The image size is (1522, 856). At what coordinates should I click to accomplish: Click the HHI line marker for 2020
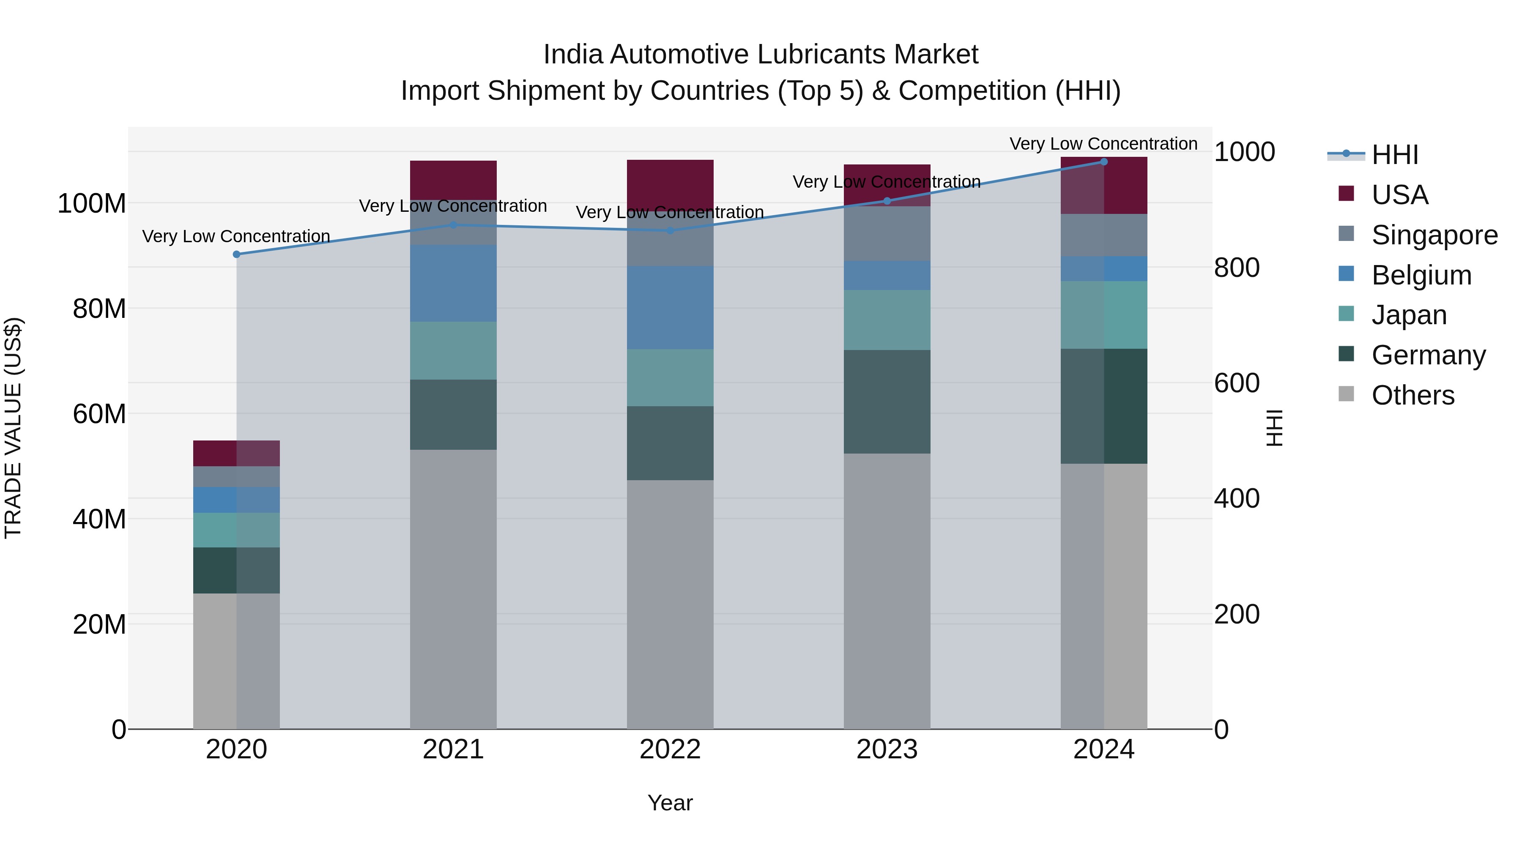(x=236, y=254)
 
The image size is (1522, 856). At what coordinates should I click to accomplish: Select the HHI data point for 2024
(x=1104, y=162)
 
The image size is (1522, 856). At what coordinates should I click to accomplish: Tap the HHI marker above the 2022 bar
(x=670, y=230)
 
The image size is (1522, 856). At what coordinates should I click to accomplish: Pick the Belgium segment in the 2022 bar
(x=670, y=307)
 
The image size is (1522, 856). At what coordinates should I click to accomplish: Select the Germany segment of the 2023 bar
(x=887, y=402)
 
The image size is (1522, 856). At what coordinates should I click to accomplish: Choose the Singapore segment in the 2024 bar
(x=1104, y=235)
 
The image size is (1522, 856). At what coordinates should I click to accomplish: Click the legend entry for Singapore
(x=1434, y=235)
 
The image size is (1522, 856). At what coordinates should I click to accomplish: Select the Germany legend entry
(x=1428, y=355)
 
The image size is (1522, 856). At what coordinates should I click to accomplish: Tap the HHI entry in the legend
(x=1394, y=155)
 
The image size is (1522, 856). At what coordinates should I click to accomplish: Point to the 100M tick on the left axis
(x=92, y=204)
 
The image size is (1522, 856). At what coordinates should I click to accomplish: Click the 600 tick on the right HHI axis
(x=1237, y=383)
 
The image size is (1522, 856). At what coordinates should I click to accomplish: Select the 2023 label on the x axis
(x=887, y=749)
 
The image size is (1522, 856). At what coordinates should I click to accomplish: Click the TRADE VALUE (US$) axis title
(x=13, y=428)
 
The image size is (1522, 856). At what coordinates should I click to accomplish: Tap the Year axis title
(x=670, y=803)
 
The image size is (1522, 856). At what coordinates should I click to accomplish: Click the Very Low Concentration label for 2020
(x=236, y=236)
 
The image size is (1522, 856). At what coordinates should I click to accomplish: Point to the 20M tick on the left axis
(x=99, y=624)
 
